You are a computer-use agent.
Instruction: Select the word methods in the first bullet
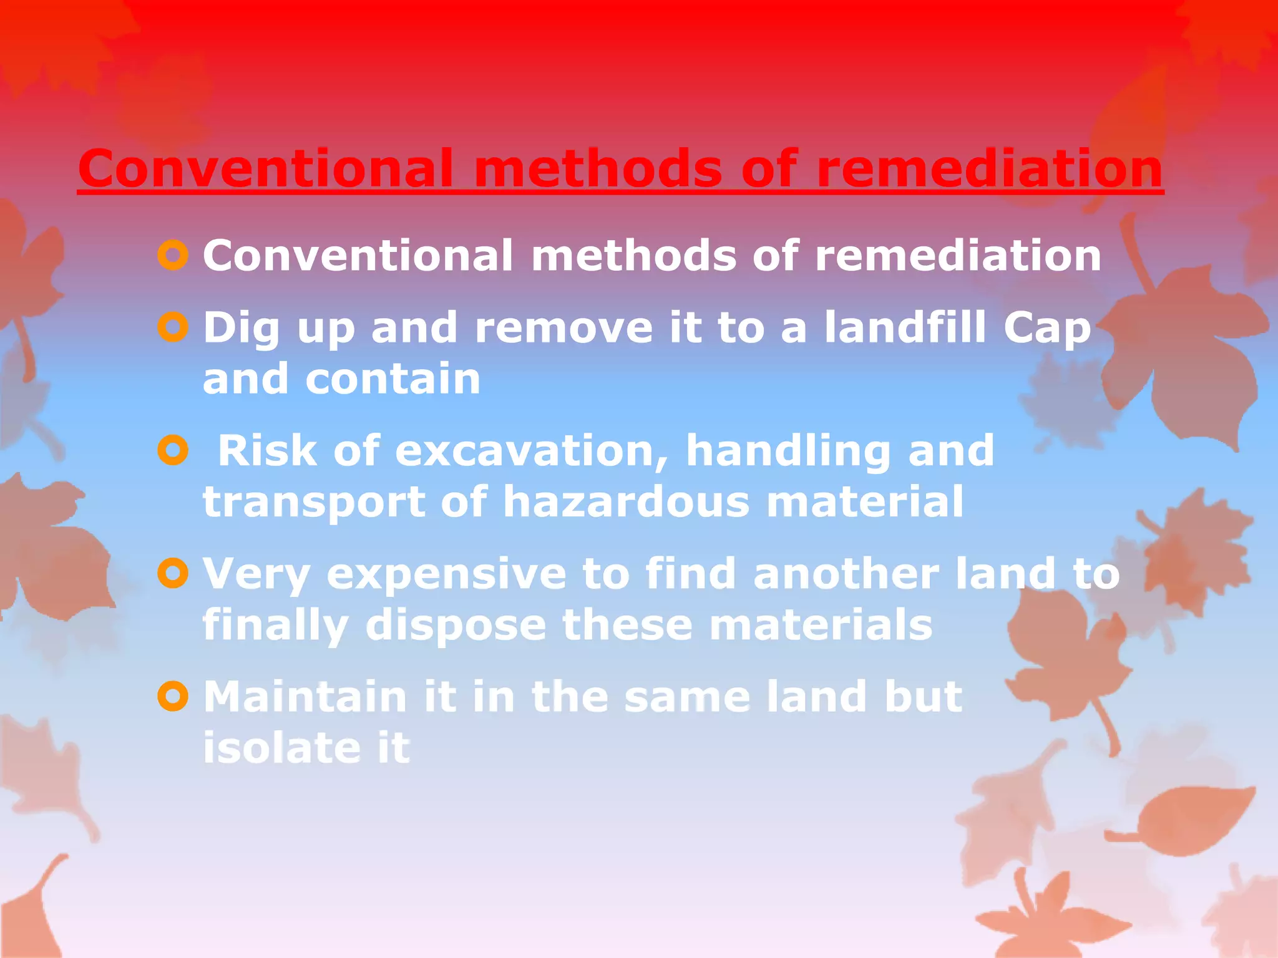(633, 256)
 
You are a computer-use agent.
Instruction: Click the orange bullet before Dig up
(173, 327)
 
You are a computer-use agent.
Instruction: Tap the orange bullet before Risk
(173, 450)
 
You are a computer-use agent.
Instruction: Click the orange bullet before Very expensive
(173, 573)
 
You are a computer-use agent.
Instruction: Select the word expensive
(446, 574)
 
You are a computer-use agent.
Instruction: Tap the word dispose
(456, 626)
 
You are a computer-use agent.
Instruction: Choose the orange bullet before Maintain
(173, 696)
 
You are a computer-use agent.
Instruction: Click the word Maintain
(305, 696)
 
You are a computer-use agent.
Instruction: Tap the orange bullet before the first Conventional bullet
(173, 256)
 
